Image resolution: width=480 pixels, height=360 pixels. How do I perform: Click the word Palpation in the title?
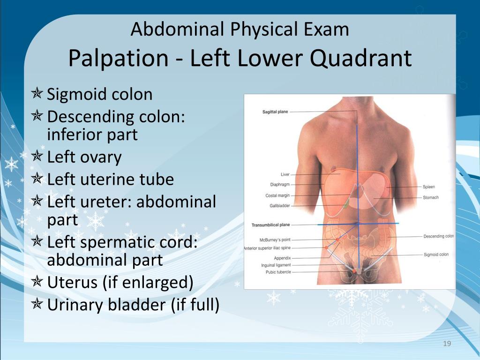[118, 59]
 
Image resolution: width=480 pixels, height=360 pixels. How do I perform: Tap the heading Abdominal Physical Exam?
[240, 30]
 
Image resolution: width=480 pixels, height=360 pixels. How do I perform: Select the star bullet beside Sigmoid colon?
[37, 93]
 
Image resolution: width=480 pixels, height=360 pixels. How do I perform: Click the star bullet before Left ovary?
[37, 156]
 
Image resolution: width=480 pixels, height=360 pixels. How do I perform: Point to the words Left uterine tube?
[111, 179]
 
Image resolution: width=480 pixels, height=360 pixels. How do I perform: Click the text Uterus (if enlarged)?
[120, 283]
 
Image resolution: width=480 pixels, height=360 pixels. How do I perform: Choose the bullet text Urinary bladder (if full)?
[133, 305]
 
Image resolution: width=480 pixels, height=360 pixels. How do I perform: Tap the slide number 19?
[447, 344]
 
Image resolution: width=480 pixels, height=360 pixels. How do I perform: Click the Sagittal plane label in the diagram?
[275, 112]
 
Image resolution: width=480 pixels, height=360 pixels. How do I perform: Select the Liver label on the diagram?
[285, 174]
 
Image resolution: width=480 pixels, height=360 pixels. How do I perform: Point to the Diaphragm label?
[280, 185]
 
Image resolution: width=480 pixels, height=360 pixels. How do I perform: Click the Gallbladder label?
[280, 206]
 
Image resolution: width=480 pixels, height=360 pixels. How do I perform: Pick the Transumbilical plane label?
[270, 225]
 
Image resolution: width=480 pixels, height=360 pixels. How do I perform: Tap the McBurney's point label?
[275, 240]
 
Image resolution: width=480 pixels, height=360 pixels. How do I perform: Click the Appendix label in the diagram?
[282, 258]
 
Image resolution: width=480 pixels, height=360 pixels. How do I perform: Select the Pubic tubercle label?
[278, 272]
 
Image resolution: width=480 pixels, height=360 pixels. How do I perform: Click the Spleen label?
[429, 187]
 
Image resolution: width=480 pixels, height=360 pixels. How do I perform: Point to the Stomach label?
[431, 197]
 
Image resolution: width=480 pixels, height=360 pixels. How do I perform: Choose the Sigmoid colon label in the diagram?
[436, 255]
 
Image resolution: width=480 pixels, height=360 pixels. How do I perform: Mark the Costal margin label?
[277, 195]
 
